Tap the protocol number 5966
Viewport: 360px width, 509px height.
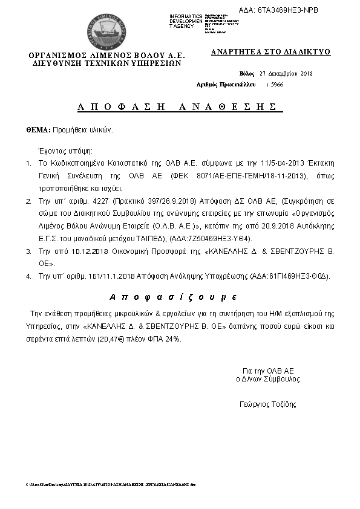point(277,85)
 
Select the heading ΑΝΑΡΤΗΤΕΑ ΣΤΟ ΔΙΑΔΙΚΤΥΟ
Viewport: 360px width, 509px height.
point(270,52)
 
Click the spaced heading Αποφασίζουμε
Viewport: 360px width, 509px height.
point(173,297)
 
